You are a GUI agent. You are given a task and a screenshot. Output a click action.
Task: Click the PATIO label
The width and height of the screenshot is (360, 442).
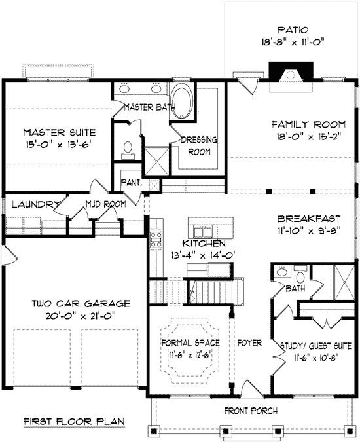click(x=293, y=29)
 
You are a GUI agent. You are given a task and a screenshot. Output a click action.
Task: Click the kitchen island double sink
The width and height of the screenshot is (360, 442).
click(x=202, y=232)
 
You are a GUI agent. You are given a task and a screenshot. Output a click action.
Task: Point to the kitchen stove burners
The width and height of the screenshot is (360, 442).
click(x=156, y=240)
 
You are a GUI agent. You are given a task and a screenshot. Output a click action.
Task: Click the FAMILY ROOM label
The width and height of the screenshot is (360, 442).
click(x=308, y=124)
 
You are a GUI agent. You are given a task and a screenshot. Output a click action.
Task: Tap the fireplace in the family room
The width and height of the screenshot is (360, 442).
click(x=291, y=76)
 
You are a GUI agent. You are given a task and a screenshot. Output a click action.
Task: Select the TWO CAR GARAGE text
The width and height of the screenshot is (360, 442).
click(x=81, y=303)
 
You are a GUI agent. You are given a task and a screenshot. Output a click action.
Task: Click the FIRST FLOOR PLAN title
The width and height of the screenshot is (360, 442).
click(x=74, y=422)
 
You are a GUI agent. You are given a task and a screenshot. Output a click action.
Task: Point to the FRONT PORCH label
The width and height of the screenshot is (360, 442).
click(x=251, y=411)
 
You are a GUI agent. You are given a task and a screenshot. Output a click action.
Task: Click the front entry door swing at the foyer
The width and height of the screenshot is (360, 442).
click(x=252, y=389)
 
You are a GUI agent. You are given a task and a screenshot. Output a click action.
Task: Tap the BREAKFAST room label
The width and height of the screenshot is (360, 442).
click(x=309, y=219)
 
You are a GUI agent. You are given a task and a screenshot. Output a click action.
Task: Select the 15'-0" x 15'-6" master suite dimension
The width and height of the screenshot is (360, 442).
click(x=60, y=145)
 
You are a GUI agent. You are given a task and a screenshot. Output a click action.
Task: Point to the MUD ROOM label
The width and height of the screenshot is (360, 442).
click(x=105, y=204)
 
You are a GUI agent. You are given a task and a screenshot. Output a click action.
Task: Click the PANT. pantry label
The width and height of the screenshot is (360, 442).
click(x=131, y=183)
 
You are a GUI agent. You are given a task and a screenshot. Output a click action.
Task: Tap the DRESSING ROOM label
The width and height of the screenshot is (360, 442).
click(x=199, y=145)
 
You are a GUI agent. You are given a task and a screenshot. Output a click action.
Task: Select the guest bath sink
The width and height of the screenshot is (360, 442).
click(x=281, y=272)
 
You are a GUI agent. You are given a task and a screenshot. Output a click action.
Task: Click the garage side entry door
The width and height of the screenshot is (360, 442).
click(x=10, y=255)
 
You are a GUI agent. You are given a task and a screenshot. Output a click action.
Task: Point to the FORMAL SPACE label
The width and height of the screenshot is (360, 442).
click(x=190, y=342)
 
